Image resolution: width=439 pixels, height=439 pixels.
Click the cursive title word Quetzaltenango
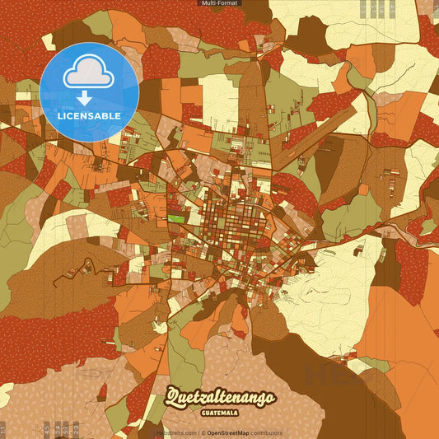tap(220, 398)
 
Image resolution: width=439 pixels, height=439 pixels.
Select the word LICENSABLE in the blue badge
tap(89, 115)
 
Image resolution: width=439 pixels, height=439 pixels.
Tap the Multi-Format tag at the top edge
tap(220, 3)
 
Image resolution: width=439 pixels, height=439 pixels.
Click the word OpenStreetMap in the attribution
tap(228, 432)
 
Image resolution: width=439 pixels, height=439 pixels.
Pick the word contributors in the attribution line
tap(266, 432)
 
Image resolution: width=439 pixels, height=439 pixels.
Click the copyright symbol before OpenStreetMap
tap(203, 432)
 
